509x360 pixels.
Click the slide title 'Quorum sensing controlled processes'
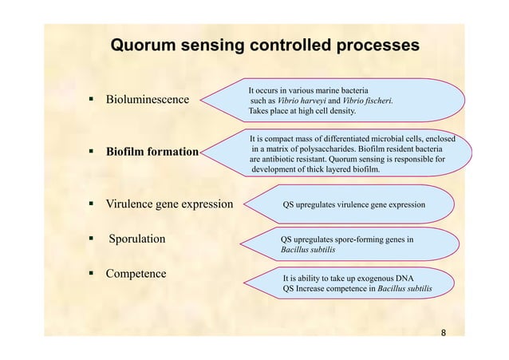point(264,45)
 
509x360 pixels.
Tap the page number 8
point(444,332)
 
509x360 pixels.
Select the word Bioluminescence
point(148,100)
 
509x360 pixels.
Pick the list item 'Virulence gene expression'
point(169,204)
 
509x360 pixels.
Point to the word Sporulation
point(137,239)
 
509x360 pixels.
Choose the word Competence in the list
point(136,274)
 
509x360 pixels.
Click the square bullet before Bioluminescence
point(92,100)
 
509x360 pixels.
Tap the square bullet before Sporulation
point(92,239)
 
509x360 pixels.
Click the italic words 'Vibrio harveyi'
point(302,101)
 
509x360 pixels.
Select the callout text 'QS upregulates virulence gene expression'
point(354,205)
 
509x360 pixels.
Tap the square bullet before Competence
point(92,274)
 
